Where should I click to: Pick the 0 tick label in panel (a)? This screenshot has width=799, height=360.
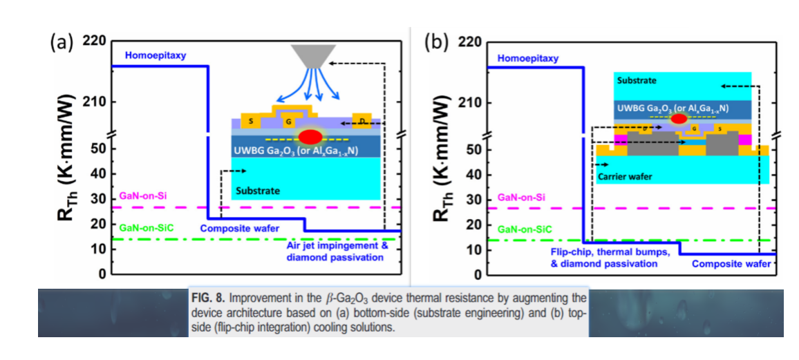click(102, 274)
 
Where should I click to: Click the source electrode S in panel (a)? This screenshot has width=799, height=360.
click(250, 122)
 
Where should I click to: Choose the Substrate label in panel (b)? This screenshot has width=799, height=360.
click(637, 81)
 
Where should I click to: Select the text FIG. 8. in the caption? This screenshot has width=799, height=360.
click(209, 299)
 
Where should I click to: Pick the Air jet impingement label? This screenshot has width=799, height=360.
click(337, 246)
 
